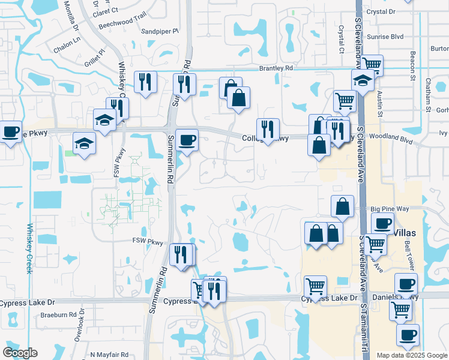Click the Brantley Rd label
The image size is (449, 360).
point(276,68)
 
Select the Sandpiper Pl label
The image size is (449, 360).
point(160,31)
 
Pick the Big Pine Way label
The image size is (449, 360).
point(390,209)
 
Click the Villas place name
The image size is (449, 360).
point(408,230)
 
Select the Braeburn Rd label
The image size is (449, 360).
point(59,314)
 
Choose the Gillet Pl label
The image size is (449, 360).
point(94,55)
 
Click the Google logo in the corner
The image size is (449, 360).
point(20,353)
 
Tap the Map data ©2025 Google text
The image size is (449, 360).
point(412,355)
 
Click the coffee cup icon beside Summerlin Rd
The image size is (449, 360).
point(186,139)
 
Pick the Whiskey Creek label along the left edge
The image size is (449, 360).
point(29,248)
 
